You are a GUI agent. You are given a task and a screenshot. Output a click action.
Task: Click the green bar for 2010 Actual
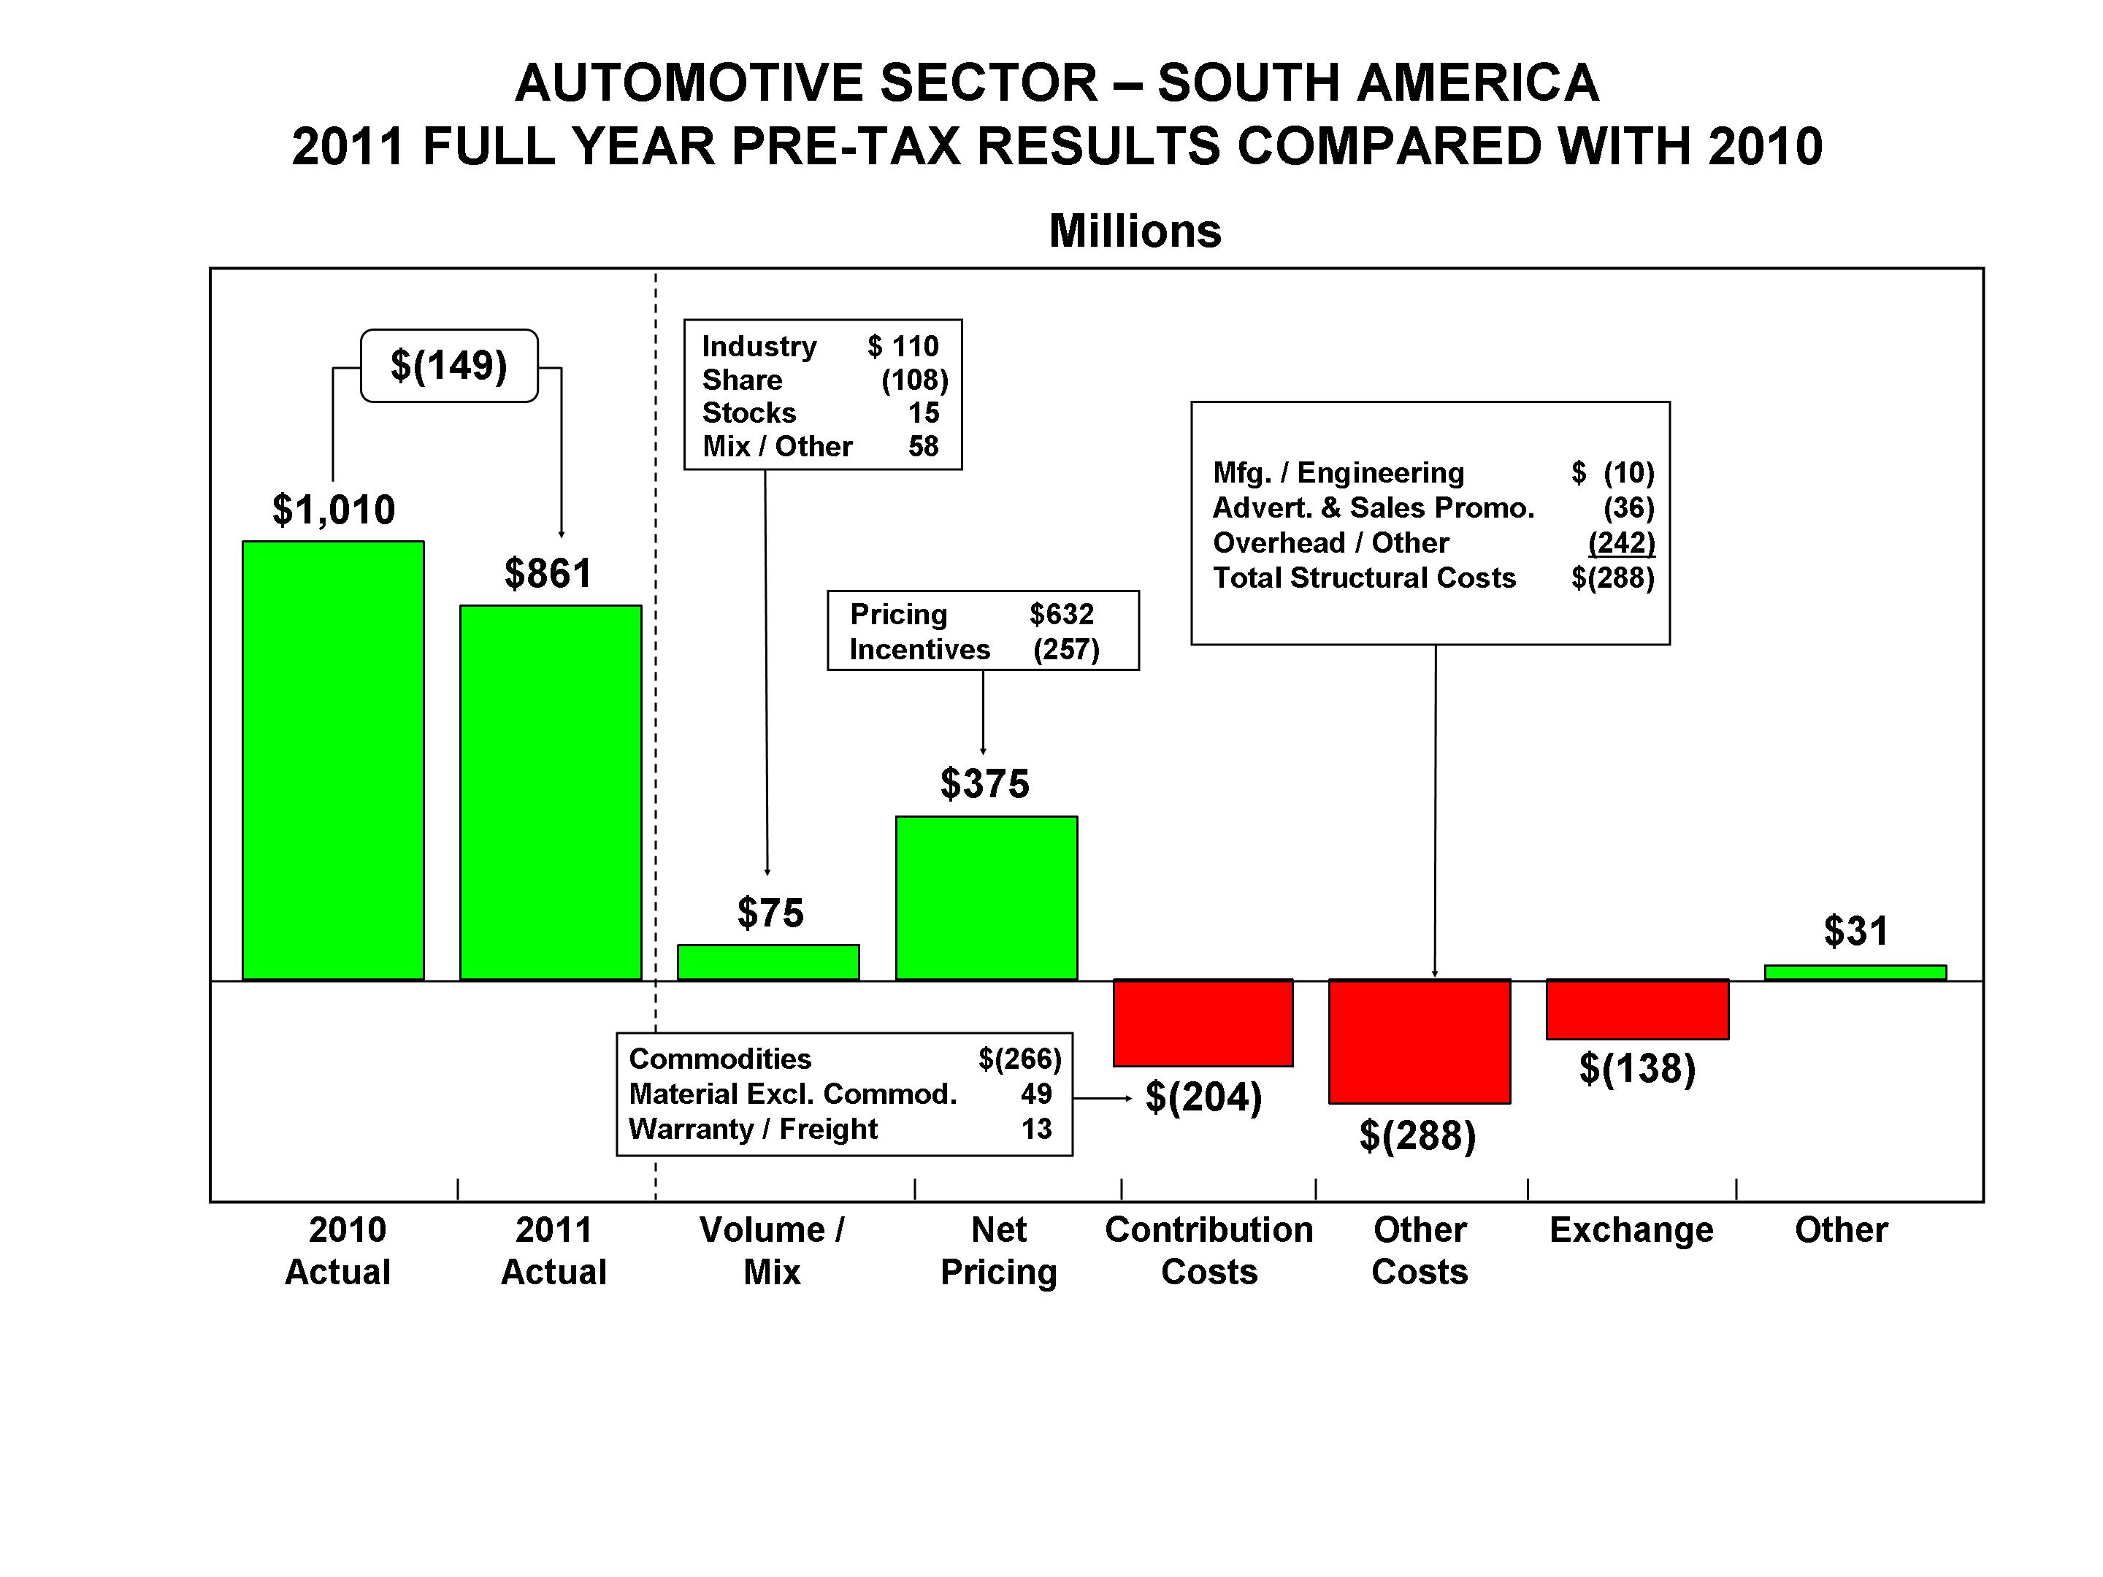click(333, 761)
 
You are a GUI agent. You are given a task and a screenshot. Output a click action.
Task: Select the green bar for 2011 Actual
click(551, 792)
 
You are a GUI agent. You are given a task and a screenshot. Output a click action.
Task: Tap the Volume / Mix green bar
click(768, 962)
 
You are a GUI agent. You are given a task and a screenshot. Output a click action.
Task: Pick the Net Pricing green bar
click(986, 897)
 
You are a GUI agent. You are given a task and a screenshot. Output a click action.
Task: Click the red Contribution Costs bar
click(1203, 1023)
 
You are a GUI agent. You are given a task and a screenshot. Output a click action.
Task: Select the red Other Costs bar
click(1420, 1041)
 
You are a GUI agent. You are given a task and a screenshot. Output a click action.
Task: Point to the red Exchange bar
click(1637, 1010)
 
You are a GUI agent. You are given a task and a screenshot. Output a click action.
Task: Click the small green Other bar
click(1855, 972)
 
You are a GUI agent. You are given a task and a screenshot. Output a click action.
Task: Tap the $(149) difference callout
click(449, 366)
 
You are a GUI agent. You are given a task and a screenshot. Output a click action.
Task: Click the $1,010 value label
click(334, 510)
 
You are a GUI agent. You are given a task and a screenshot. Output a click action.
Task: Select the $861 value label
click(548, 573)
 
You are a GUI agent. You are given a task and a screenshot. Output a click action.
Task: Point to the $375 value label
click(985, 784)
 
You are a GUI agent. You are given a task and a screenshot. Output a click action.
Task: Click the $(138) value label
click(1637, 1068)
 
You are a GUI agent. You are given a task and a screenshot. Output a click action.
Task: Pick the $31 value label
click(1855, 932)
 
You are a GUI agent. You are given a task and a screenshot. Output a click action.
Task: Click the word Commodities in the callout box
click(720, 1059)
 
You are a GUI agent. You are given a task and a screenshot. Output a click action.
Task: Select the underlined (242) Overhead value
click(1622, 542)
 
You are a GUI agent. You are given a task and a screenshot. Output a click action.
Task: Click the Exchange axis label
click(1631, 1230)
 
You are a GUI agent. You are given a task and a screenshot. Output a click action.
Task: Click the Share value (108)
click(915, 380)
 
